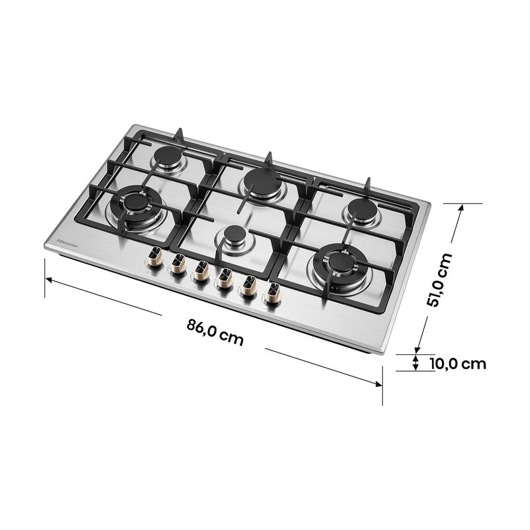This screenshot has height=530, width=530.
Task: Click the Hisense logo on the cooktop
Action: pos(67,243)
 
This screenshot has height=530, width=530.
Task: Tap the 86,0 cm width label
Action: pos(215,332)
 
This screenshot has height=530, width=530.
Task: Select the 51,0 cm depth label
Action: pos(439,279)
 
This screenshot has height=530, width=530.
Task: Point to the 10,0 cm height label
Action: pos(458,364)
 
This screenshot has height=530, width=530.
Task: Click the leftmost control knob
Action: pos(156,257)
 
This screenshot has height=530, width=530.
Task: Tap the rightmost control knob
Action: pos(272,293)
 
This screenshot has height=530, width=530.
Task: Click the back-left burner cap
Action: pos(168,156)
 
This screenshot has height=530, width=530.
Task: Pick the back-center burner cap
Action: pos(260,179)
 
